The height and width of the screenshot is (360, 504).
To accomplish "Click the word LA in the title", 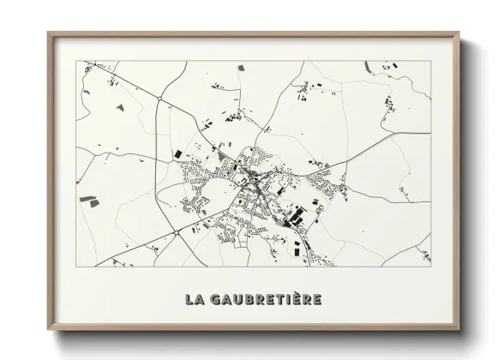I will click(x=195, y=300).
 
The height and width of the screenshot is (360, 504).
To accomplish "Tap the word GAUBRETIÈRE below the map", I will click(x=264, y=300).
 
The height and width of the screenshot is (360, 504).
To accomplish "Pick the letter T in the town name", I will click(x=279, y=300).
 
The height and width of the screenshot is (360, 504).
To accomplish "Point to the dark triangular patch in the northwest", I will click(x=119, y=109).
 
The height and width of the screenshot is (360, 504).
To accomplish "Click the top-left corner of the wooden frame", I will click(x=49, y=33).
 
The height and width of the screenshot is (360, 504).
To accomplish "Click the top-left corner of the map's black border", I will click(x=78, y=61).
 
